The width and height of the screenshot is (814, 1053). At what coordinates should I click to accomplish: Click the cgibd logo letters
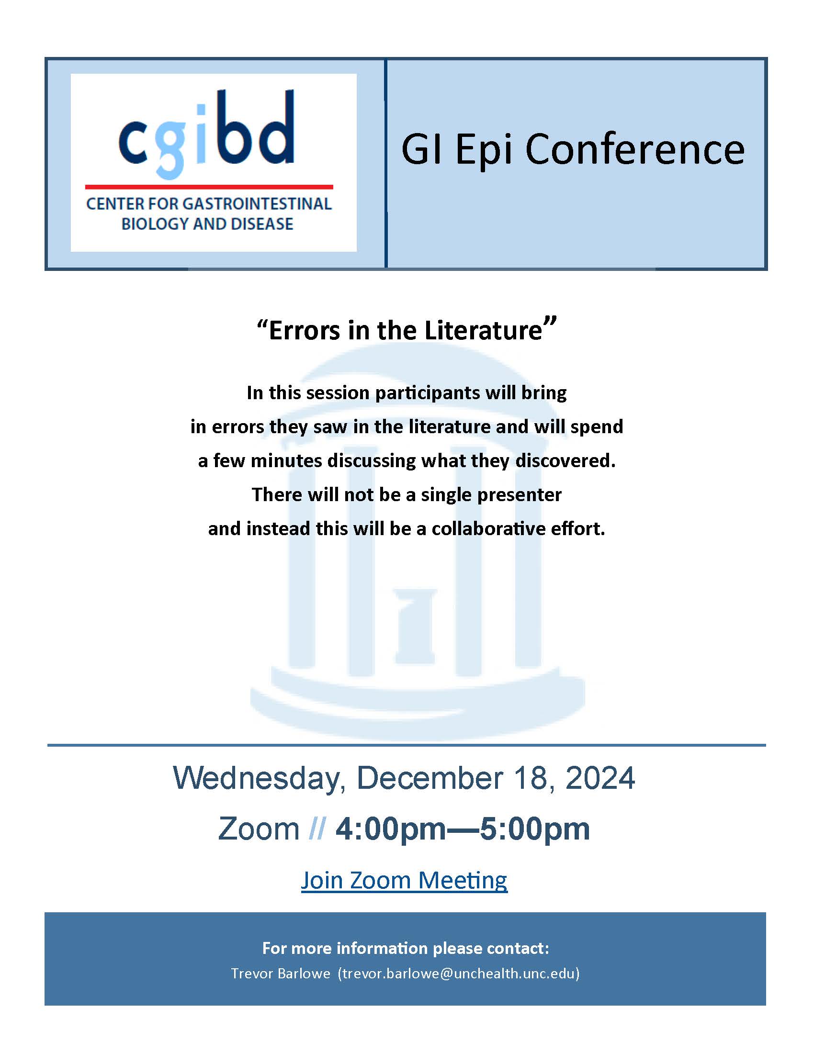[206, 134]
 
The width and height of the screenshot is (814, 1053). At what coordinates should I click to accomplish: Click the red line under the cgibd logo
[209, 187]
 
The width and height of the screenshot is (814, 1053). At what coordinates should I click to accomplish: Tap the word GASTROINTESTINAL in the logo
[257, 204]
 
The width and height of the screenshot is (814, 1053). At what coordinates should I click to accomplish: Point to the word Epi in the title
[483, 150]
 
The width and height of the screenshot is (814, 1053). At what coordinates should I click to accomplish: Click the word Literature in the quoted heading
[484, 330]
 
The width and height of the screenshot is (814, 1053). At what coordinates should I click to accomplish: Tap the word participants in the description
[428, 393]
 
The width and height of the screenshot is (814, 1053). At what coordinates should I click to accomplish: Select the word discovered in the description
[565, 460]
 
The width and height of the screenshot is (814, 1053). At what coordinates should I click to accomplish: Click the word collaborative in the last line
[488, 528]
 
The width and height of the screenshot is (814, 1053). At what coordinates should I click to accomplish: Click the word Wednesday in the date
[259, 779]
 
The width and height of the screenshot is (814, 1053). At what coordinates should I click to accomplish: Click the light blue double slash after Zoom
[317, 829]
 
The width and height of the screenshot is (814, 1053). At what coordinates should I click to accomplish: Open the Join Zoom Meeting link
[404, 881]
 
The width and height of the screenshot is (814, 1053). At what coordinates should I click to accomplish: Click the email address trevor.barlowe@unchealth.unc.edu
[459, 974]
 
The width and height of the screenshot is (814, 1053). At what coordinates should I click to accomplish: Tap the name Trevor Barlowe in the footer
[280, 974]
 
